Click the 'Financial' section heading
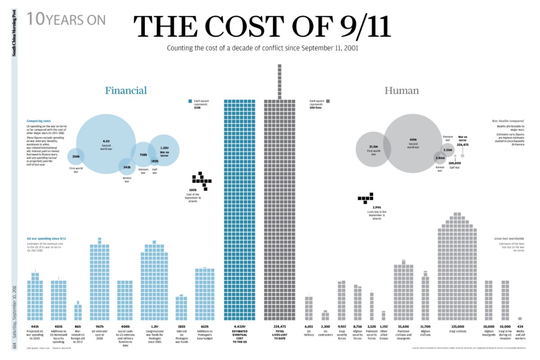coord(126,90)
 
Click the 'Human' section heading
coord(401,90)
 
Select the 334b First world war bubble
coord(76,157)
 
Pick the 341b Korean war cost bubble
coord(127,167)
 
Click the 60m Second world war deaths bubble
coord(413,143)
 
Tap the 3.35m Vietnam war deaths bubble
coord(448,150)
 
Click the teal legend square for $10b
coord(190,101)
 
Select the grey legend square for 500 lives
coord(329,101)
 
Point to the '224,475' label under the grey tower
coord(280,326)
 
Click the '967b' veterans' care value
coord(99,326)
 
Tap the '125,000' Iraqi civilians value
coord(458,326)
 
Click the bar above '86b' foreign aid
coord(78,311)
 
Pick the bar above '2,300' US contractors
coord(325,315)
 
